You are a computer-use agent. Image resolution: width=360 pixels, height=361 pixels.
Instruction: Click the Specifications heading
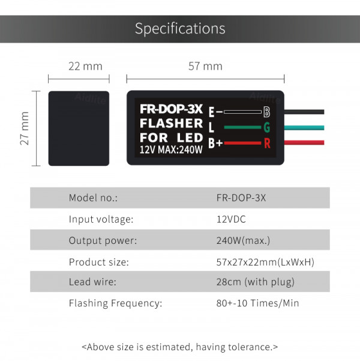(180, 29)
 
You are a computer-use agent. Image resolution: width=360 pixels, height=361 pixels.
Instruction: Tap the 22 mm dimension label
(85, 66)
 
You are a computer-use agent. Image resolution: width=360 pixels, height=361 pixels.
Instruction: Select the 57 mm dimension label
(205, 66)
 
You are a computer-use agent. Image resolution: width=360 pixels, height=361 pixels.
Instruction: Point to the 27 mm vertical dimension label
(25, 128)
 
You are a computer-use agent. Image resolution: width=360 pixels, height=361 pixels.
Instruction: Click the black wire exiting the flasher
(304, 112)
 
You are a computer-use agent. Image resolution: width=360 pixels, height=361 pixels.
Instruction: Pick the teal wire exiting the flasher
(304, 127)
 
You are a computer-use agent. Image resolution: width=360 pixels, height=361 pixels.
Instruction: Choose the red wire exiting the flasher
(304, 143)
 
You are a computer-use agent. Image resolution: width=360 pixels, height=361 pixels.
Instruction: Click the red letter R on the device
(267, 143)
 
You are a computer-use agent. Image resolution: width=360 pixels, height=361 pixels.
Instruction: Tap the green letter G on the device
(267, 127)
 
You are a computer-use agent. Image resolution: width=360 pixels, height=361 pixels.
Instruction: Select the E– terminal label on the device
(215, 112)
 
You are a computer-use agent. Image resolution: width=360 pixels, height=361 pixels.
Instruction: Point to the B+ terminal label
(215, 143)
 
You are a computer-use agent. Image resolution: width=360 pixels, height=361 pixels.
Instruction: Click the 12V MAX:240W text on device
(171, 150)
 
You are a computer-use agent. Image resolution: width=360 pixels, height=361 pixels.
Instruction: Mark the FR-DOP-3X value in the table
(241, 198)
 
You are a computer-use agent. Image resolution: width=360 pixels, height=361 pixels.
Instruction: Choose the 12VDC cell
(231, 219)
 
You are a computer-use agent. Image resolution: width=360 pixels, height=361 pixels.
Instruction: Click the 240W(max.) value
(243, 241)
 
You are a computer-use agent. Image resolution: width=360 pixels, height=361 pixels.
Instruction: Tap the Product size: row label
(99, 262)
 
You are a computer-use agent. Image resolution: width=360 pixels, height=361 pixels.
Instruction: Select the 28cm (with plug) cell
(256, 282)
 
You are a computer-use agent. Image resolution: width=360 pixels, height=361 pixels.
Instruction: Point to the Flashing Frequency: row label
(115, 303)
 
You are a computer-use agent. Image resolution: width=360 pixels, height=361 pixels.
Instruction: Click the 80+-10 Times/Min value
(257, 303)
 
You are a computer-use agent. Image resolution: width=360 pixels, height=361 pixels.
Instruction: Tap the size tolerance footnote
(180, 347)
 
